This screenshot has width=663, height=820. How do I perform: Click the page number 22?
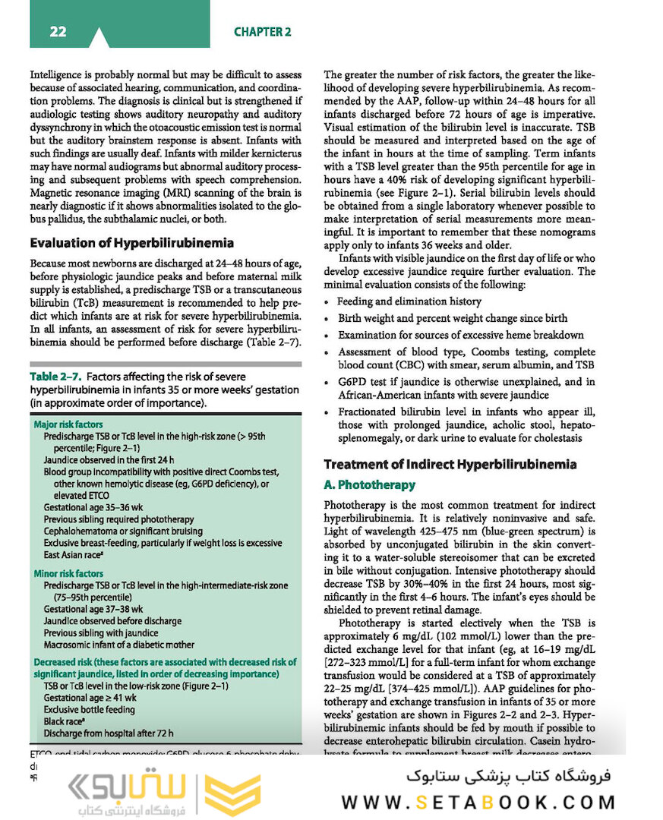[58, 31]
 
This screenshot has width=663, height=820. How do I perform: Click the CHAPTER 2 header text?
[262, 32]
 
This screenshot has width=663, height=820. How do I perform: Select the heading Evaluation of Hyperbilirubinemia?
[131, 243]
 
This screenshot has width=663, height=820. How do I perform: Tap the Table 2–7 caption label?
[56, 377]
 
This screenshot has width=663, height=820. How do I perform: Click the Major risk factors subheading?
[68, 424]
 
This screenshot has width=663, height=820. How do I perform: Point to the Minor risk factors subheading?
[68, 574]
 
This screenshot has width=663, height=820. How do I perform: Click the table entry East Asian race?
[78, 554]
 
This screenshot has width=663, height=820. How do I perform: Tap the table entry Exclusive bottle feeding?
[89, 709]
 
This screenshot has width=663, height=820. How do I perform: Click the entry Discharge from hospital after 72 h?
[108, 733]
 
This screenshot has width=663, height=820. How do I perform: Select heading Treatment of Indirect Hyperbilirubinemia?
[450, 464]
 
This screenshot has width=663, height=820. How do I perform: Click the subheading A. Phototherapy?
[369, 484]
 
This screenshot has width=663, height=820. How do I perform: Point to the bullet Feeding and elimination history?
[409, 301]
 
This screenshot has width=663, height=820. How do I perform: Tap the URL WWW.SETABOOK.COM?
[478, 803]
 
